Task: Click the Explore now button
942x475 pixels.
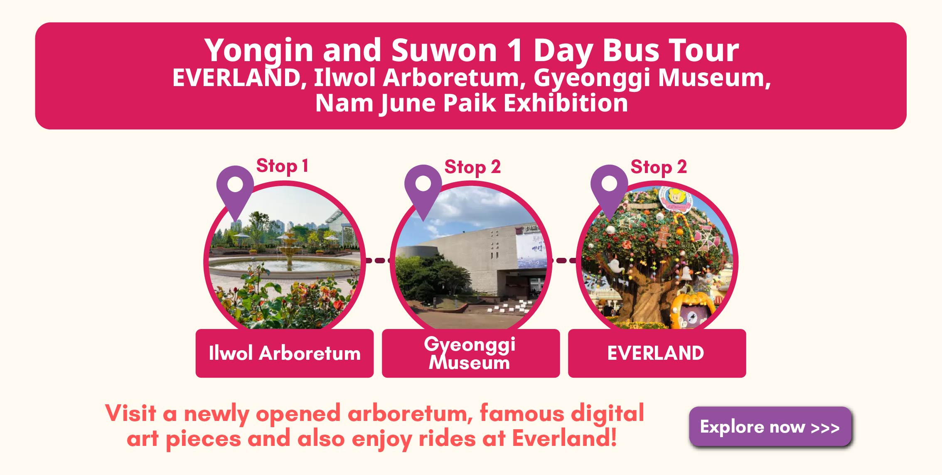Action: coord(770,426)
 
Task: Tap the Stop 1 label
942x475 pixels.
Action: coord(282,166)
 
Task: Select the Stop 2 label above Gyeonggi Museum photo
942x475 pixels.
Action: coord(472,167)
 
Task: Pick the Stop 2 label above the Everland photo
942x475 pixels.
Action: coord(659,167)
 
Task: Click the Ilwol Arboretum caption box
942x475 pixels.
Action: coord(285,353)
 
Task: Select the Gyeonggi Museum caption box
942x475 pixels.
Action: coord(471,353)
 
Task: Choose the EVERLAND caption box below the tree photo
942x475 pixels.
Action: coord(657,353)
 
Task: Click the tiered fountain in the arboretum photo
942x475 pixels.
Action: coord(290,249)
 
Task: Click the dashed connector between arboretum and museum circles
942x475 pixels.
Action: coord(378,261)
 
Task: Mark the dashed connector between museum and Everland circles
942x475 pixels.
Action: coord(564,261)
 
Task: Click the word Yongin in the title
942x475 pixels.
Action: coord(258,51)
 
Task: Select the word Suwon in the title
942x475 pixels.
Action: coord(444,50)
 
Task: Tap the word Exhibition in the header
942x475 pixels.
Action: coord(566,103)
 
